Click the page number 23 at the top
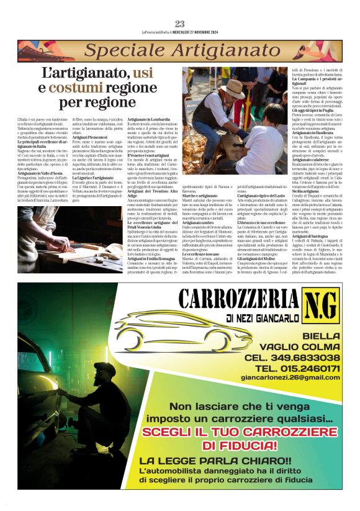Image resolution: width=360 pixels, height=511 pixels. pyautogui.click(x=180, y=24)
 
